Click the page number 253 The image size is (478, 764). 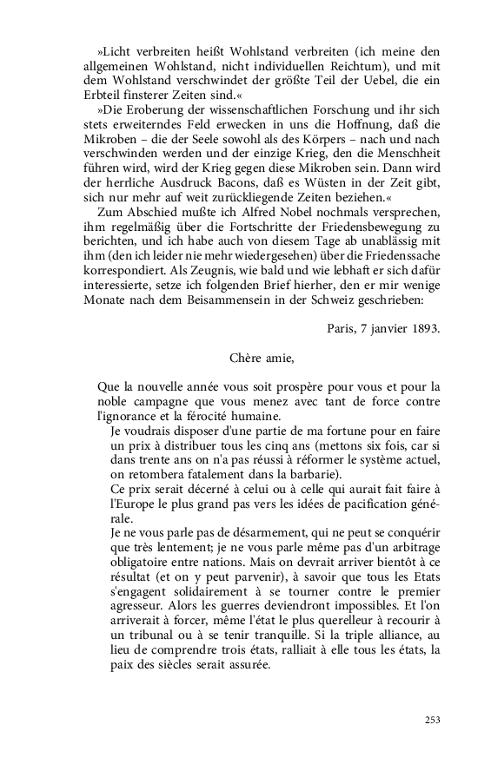(x=432, y=720)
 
